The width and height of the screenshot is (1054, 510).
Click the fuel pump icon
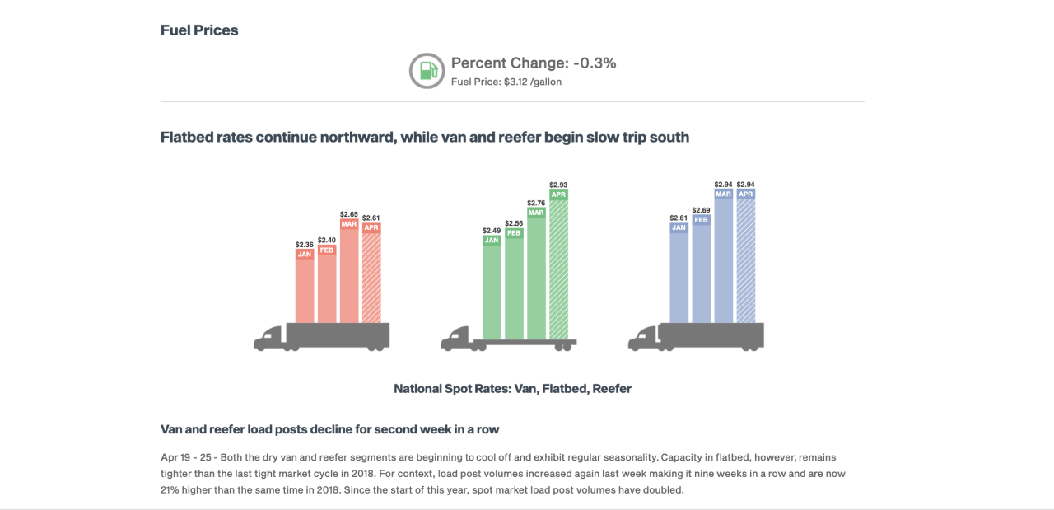coord(427,71)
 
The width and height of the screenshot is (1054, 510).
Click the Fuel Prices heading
coord(199,30)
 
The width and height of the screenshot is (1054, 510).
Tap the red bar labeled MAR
coord(349,272)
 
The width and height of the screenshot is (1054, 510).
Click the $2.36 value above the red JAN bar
coord(305,245)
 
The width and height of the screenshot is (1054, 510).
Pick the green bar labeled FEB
coord(514,284)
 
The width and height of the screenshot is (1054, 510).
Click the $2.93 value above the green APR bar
coord(559,185)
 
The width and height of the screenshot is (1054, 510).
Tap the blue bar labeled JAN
coord(679,276)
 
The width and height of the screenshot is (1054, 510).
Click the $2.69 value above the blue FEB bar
coord(702,210)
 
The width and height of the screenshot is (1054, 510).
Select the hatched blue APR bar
coord(746,260)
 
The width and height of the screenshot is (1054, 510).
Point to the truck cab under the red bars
coord(269,338)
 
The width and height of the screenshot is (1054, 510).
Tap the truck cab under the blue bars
coord(643,338)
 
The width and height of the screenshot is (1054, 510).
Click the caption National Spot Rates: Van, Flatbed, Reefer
coord(512,389)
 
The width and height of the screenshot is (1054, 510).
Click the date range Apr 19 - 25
coord(189,457)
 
